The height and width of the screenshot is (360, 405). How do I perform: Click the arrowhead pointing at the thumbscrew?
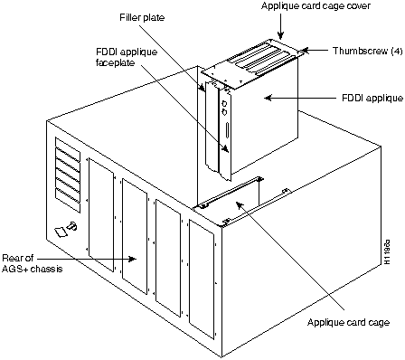click(x=305, y=51)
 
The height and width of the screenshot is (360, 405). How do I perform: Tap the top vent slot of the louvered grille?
click(x=61, y=146)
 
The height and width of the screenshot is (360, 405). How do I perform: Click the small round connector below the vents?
click(x=72, y=226)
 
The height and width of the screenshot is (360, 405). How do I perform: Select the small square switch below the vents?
click(x=59, y=232)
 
